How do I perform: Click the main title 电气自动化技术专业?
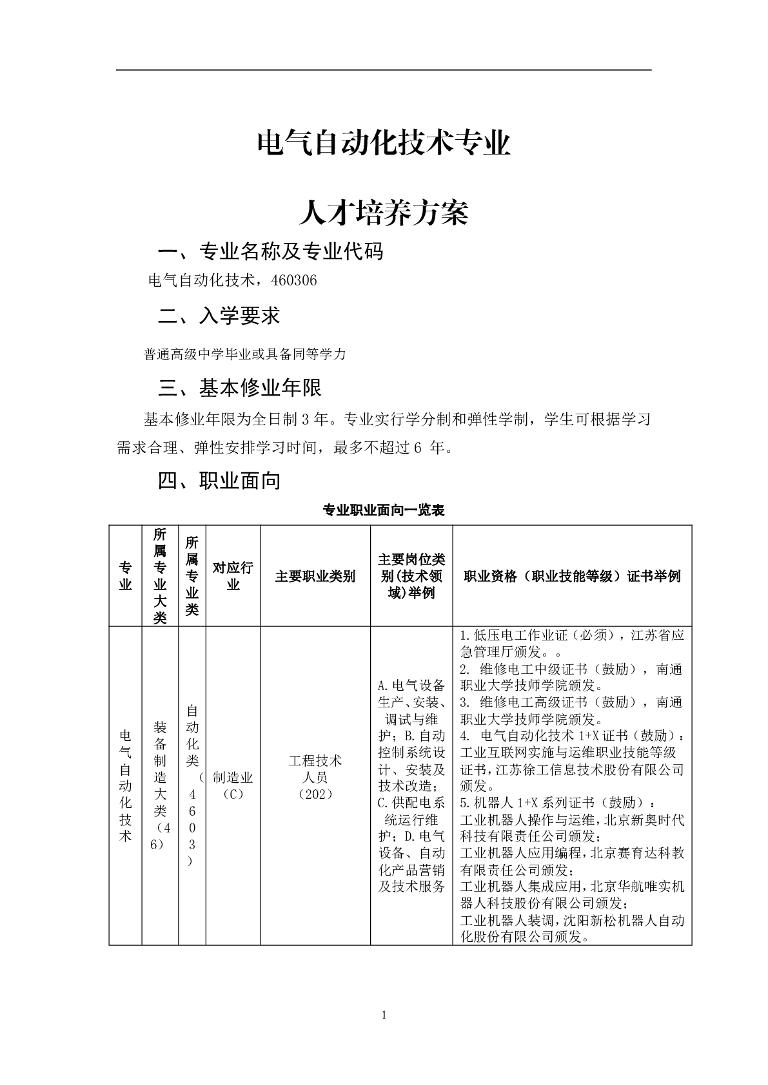coord(384,143)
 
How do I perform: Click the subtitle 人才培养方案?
coord(384,213)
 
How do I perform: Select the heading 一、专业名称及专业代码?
coord(270,251)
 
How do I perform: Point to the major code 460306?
coord(295,281)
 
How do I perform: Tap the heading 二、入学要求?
coord(219,316)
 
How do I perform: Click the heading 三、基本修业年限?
coord(239,388)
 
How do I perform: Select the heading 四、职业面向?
coord(219,481)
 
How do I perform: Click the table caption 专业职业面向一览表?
coord(384,511)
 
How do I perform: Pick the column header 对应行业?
coord(233,575)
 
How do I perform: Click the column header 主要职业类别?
coord(315,576)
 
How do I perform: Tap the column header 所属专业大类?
coord(160,575)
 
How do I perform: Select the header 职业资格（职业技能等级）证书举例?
coord(572,576)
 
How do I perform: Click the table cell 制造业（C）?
coord(233,785)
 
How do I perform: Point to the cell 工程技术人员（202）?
coord(315,777)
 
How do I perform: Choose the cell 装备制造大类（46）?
coord(160,785)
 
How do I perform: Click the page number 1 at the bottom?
coord(384,1016)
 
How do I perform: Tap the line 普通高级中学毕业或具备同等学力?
coord(244,354)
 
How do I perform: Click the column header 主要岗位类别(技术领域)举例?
coord(411,575)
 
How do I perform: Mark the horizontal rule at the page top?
coord(384,70)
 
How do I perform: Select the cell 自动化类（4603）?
coord(192,785)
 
